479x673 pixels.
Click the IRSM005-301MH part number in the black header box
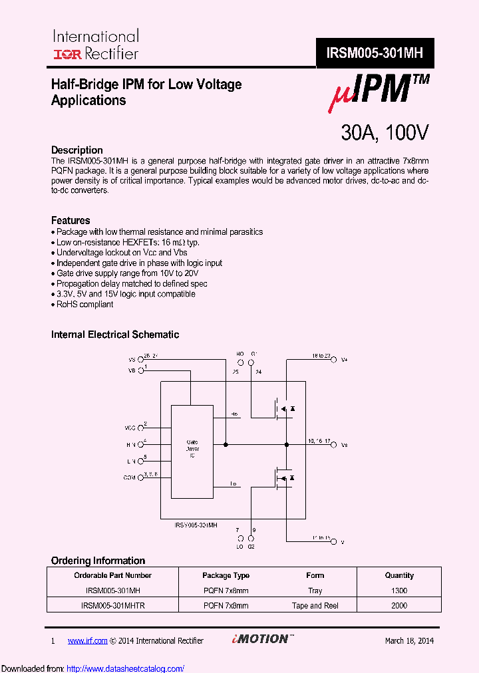coord(375,53)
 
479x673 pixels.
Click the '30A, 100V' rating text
coord(385,133)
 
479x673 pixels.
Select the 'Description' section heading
coord(77,150)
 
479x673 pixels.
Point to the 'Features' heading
coord(71,220)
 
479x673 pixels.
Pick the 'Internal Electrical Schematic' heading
coord(115,335)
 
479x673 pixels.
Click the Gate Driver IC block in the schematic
coord(192,450)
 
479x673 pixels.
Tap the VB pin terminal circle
coord(141,370)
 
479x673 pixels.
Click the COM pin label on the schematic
coord(129,477)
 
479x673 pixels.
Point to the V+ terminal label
coord(344,360)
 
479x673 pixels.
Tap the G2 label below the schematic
coord(251,546)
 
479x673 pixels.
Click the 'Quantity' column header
coord(399,575)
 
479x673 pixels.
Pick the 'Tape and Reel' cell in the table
coord(316,606)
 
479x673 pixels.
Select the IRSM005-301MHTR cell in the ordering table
coord(113,606)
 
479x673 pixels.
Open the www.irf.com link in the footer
coord(87,640)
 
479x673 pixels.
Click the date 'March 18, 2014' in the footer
coord(409,640)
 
